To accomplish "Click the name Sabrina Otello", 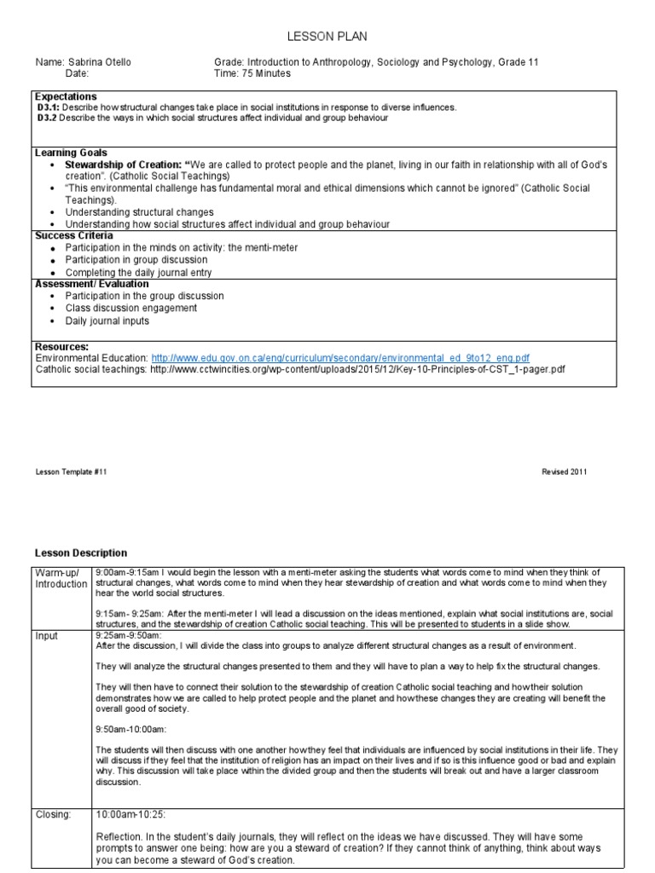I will [96, 62].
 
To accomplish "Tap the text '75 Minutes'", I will [265, 73].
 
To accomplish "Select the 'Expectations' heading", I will [66, 96].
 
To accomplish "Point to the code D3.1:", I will [49, 107].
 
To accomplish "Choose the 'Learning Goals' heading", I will [71, 153].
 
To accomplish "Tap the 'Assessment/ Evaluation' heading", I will [91, 284].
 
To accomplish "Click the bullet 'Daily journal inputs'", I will [107, 321].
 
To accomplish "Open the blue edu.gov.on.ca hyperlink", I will [340, 358].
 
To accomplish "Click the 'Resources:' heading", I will [61, 347].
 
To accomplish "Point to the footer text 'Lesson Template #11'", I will [71, 471].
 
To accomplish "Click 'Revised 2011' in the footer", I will [564, 471].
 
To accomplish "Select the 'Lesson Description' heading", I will [80, 553].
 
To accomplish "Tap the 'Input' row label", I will [48, 635].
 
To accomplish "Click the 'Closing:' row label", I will [53, 814].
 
